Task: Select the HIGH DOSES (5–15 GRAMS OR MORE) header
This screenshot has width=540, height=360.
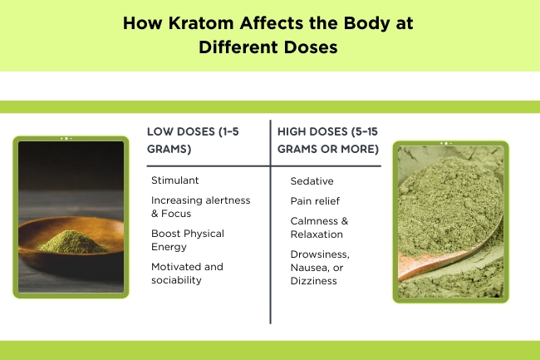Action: click(328, 140)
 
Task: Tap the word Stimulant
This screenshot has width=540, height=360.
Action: click(175, 180)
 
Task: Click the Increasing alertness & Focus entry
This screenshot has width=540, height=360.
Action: click(200, 206)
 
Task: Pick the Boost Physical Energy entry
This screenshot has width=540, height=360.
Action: click(188, 239)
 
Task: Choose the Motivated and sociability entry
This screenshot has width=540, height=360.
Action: click(187, 273)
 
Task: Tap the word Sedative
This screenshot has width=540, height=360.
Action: click(312, 180)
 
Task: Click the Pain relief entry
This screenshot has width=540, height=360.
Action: click(315, 200)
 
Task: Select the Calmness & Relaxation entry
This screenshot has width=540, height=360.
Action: click(320, 227)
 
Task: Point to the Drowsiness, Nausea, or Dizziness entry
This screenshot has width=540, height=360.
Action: click(320, 267)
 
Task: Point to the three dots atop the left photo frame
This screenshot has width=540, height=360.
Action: click(66, 138)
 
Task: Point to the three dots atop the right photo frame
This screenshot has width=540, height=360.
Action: click(449, 143)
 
